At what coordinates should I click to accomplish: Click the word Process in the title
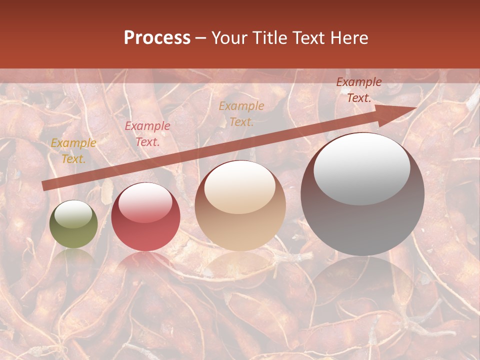point(157,38)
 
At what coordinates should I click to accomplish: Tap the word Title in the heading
point(268,38)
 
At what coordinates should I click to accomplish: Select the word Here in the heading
point(349,38)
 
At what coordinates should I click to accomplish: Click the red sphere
point(145,217)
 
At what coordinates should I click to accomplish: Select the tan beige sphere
point(240,206)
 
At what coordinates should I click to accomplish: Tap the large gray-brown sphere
point(362,195)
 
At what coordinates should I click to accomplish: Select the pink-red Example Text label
point(147,134)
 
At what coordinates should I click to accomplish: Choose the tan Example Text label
point(241,114)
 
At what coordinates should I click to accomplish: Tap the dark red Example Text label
point(359,90)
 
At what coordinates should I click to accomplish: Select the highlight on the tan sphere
point(239,188)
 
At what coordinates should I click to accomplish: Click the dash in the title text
point(200,38)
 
